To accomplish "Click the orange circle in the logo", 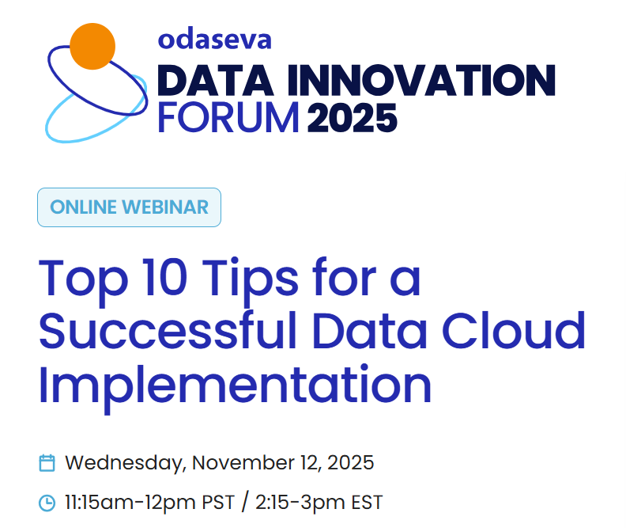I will (x=93, y=46).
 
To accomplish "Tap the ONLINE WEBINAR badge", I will (x=129, y=207).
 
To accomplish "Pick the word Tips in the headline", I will (x=253, y=277).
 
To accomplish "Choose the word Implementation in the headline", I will (x=235, y=384).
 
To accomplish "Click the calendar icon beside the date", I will (x=47, y=463).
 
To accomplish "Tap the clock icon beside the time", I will (x=47, y=503).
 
